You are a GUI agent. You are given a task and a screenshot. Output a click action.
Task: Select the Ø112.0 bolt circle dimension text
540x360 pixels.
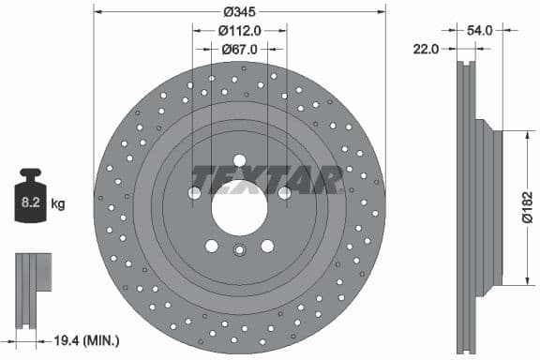click(x=238, y=31)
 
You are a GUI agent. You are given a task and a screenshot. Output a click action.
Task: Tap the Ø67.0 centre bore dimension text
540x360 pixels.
click(x=238, y=48)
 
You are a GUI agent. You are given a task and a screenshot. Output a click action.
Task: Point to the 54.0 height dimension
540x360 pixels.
click(x=479, y=31)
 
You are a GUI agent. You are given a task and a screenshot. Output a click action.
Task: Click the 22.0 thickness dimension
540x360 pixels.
click(x=426, y=48)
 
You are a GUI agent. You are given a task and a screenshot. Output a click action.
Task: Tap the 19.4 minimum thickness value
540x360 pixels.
click(x=67, y=341)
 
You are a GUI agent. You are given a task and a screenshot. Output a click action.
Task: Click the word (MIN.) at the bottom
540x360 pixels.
click(x=102, y=341)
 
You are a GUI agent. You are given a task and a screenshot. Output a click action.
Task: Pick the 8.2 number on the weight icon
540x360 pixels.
click(x=31, y=201)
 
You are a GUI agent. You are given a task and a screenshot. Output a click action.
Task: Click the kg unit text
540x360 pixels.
click(x=57, y=202)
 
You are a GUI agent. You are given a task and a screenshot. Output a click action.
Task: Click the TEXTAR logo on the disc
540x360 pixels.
click(x=267, y=178)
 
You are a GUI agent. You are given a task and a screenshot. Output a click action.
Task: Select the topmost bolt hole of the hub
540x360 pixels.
click(x=239, y=159)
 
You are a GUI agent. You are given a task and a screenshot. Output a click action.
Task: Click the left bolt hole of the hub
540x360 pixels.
click(x=195, y=193)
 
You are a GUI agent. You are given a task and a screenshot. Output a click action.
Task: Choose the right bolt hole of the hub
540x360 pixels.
click(x=283, y=193)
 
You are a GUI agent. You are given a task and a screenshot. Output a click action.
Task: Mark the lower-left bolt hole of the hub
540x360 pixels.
click(x=212, y=246)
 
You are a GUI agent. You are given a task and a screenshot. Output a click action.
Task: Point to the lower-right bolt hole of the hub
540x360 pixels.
click(x=267, y=246)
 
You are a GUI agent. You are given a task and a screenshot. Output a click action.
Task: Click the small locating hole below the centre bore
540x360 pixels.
click(x=239, y=249)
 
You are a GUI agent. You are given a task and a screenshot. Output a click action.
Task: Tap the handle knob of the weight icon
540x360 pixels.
click(x=31, y=175)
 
